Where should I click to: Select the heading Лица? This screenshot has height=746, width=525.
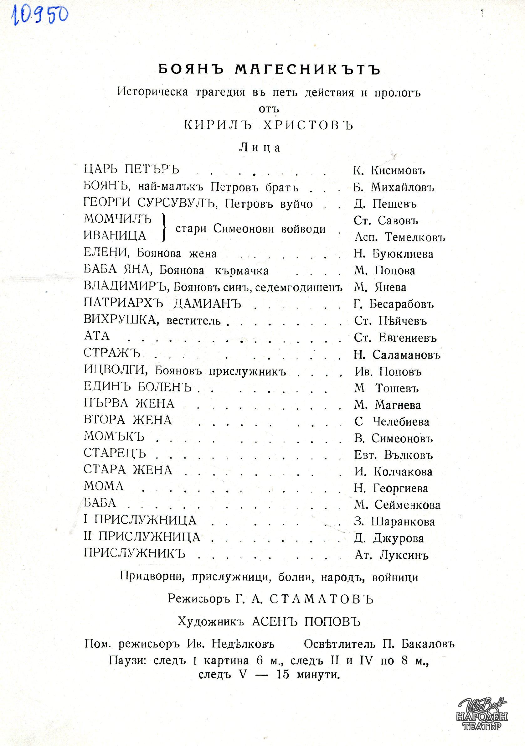tap(260, 148)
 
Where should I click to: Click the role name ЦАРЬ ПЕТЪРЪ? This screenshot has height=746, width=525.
tap(131, 169)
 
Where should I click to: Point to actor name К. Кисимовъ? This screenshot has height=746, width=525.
tap(389, 170)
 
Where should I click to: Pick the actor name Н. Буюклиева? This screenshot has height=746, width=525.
tap(394, 254)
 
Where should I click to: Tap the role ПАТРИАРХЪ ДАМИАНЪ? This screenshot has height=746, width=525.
tap(162, 303)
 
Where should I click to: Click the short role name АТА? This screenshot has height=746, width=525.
tap(96, 336)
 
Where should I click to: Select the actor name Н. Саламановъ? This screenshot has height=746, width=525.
tap(397, 355)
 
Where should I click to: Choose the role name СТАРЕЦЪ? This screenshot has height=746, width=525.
tap(115, 453)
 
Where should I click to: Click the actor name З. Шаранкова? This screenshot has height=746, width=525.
tap(394, 522)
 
